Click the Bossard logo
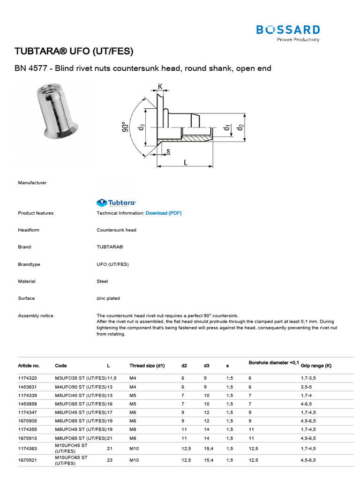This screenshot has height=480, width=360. [x=288, y=32]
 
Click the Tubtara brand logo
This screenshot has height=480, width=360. [x=116, y=203]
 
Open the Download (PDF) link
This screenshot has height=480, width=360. [x=163, y=213]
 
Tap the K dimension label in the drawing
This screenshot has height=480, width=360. [x=160, y=87]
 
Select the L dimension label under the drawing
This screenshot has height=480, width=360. [x=186, y=162]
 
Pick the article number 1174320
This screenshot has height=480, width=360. [x=28, y=377]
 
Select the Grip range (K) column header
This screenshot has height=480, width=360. [x=316, y=366]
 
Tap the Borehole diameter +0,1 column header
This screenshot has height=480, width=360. [x=274, y=363]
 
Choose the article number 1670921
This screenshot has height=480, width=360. [x=28, y=460]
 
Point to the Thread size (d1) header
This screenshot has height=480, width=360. [x=147, y=366]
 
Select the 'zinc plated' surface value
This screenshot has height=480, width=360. [x=108, y=299]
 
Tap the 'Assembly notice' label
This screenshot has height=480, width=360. [x=36, y=316]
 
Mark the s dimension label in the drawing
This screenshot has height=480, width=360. [x=168, y=151]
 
